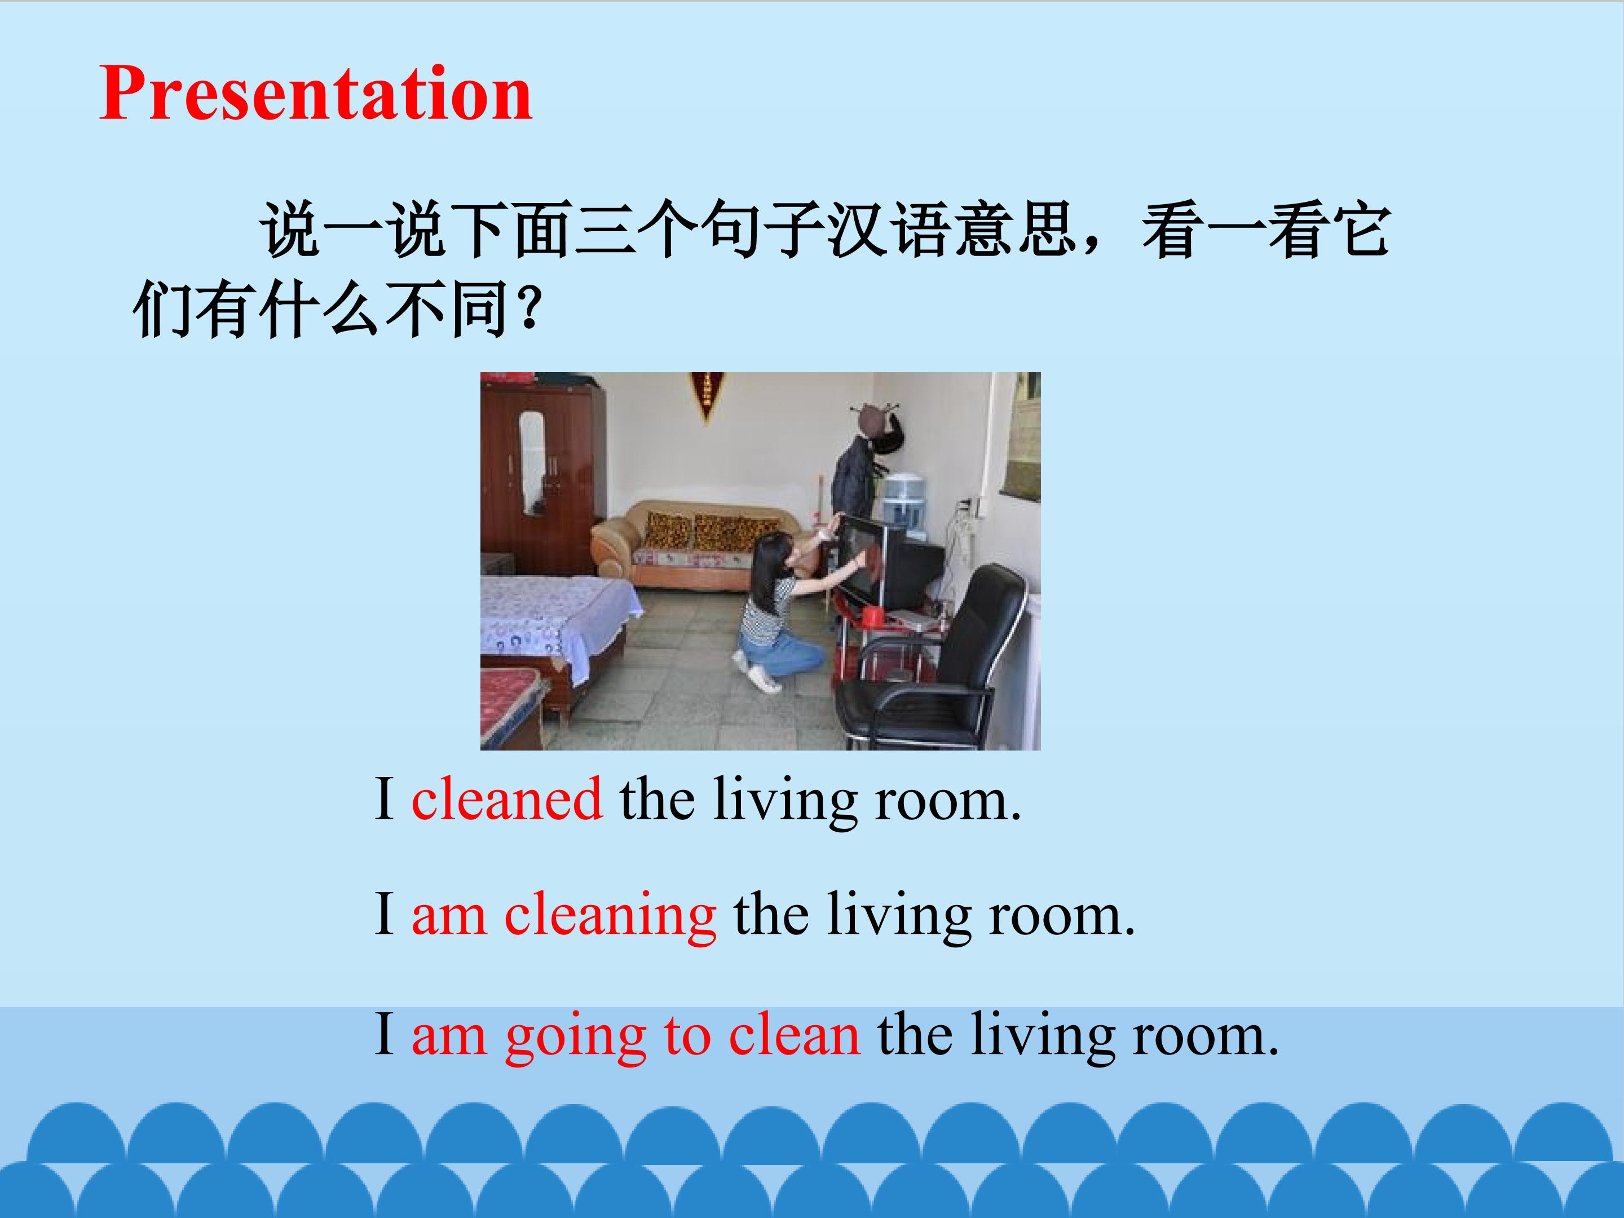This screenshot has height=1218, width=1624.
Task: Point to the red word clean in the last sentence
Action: point(795,1033)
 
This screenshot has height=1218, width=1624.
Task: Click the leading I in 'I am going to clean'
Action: point(384,1033)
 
